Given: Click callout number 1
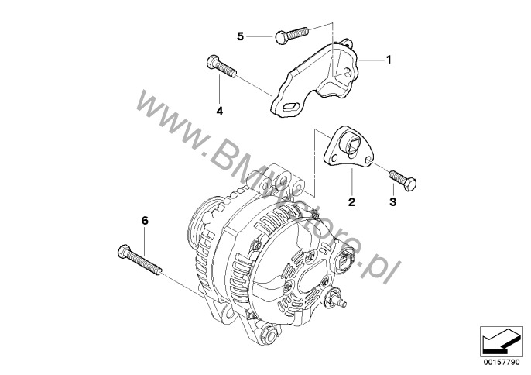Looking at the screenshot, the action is pos(389,60).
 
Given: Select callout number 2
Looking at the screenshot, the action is pos(352,202).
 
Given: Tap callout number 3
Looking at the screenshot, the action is pos(393,202).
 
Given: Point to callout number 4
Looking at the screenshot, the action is pos(220,111).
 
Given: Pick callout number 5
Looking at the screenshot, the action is pos(241,36).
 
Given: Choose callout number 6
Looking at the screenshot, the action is pos(145,221).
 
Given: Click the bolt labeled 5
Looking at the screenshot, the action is pos(292,35).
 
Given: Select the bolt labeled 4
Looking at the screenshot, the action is pos(221,67).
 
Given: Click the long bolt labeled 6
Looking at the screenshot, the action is pos(140,259).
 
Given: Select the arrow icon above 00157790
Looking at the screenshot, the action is pos(500,342).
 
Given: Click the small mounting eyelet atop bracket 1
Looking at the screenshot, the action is pos(346,43).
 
